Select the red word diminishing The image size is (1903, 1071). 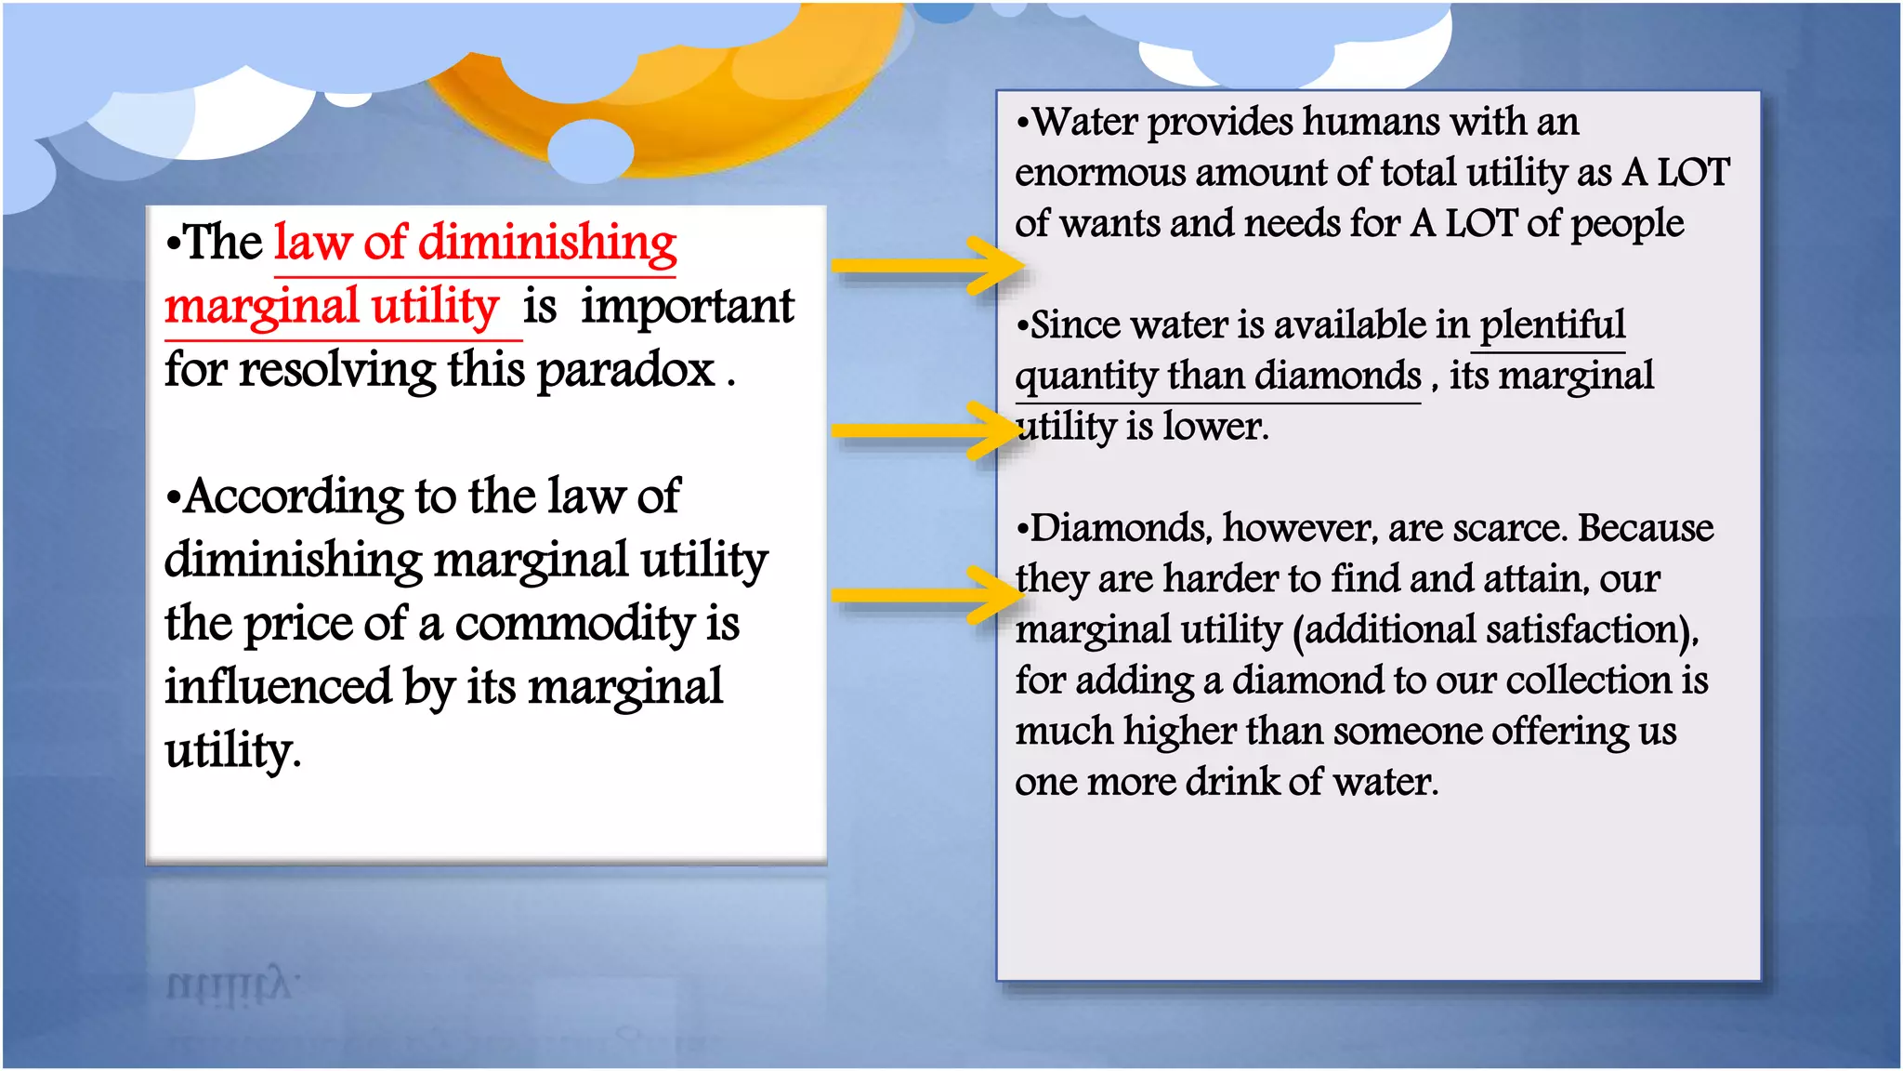click(x=547, y=244)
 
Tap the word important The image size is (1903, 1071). click(x=688, y=307)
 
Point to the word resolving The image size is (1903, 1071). click(x=336, y=371)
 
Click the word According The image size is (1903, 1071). click(x=293, y=497)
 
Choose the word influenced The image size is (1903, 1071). click(x=278, y=687)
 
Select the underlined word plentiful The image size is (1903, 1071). click(x=1552, y=325)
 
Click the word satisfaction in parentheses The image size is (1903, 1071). click(x=1497, y=630)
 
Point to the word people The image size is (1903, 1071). click(x=1627, y=224)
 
